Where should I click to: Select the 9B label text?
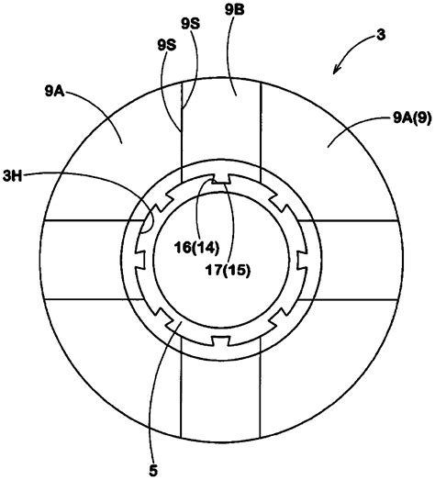[x=233, y=12]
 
